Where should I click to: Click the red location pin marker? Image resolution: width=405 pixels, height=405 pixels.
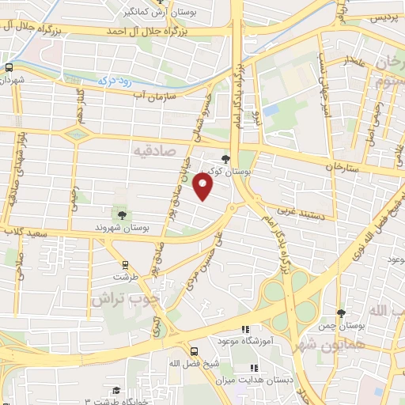203,187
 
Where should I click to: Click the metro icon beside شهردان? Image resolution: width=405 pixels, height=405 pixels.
8,68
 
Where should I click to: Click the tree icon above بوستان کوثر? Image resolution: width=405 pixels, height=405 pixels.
227,158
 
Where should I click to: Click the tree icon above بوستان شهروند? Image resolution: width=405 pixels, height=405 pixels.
121,214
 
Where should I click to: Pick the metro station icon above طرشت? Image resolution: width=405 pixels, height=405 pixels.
125,265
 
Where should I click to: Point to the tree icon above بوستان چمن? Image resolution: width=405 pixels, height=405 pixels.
341,313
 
